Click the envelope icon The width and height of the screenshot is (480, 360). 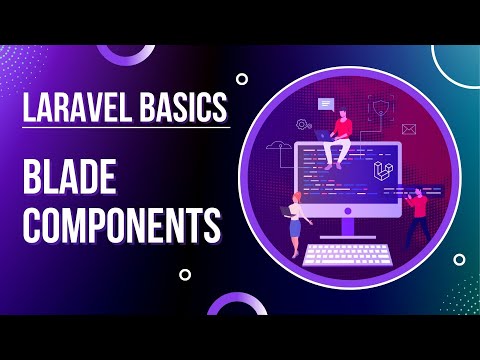408,129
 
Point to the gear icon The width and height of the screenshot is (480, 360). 300,125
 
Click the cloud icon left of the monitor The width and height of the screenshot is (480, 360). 279,150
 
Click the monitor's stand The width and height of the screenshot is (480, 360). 349,226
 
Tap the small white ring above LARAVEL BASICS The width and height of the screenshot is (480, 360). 241,78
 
